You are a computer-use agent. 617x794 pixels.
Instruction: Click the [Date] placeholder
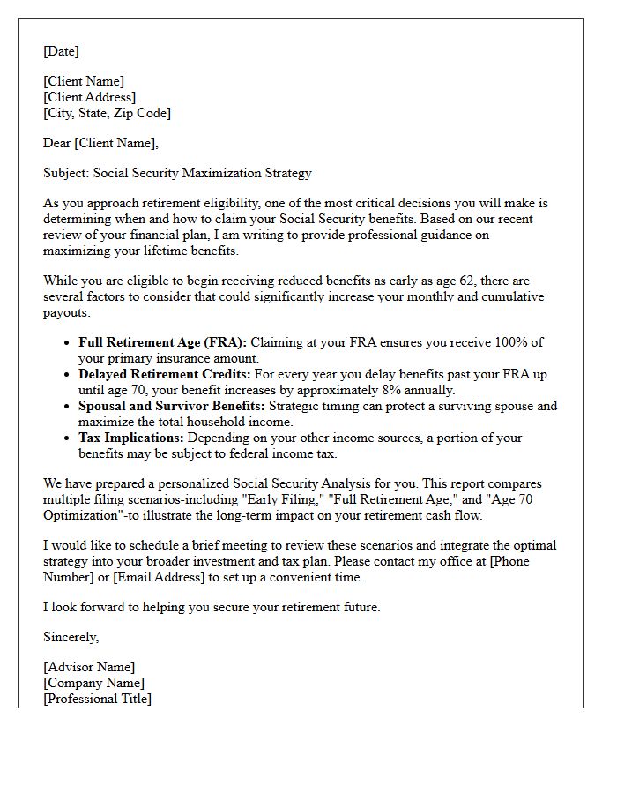tap(61, 52)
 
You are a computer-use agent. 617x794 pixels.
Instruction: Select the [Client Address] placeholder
tap(89, 97)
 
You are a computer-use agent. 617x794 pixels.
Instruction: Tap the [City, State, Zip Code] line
tap(107, 113)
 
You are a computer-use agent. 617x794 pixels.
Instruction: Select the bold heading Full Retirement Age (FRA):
tap(163, 342)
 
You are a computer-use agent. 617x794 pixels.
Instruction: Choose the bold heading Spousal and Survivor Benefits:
tap(171, 406)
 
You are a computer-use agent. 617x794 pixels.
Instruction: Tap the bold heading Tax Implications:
tap(131, 438)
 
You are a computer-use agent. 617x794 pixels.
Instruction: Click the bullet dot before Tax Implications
tap(67, 438)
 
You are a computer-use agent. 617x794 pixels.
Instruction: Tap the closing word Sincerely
tap(71, 637)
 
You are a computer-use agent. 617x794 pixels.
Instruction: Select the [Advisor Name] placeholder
tap(89, 667)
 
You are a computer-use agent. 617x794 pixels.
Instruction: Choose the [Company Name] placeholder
tap(93, 683)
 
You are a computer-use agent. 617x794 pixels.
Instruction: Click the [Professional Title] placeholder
tap(97, 699)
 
